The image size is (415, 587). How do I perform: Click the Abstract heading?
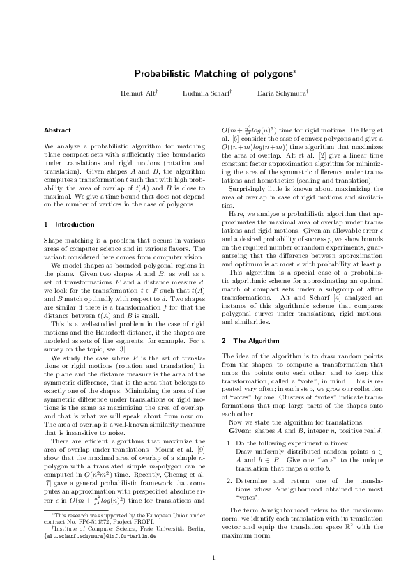57,130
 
